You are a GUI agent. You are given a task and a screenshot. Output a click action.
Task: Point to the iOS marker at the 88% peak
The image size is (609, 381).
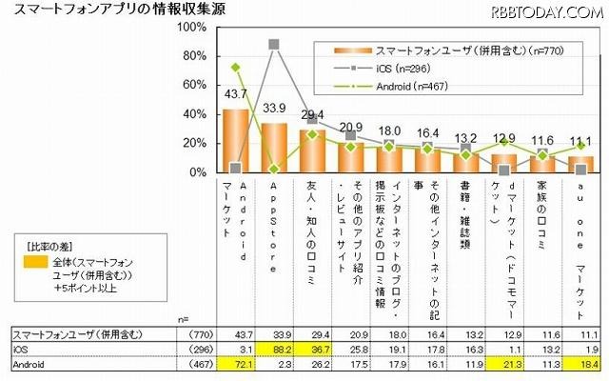click(274, 45)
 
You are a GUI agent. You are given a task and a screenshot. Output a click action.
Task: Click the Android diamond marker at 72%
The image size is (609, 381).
click(235, 68)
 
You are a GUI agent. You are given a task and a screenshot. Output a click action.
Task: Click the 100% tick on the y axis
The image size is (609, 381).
click(195, 28)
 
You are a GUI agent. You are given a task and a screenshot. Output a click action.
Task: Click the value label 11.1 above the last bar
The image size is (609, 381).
click(585, 141)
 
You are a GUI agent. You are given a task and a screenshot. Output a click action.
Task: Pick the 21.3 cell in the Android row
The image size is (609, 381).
click(509, 363)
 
